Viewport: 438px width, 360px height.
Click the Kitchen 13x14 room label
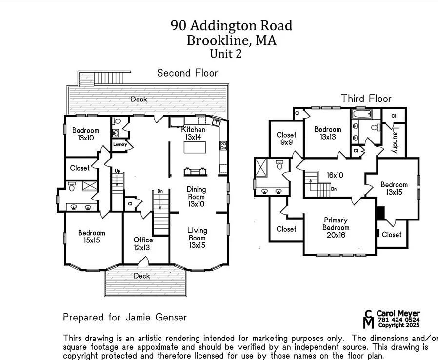coord(194,134)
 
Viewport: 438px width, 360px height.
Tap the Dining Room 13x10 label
coord(196,197)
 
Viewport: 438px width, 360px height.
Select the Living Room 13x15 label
coord(197,238)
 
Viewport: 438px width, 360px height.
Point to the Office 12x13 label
coord(143,244)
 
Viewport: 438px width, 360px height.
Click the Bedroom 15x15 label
coord(92,237)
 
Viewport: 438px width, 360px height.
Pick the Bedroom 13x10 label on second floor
coord(85,134)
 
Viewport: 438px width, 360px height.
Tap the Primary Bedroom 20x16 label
coord(336,227)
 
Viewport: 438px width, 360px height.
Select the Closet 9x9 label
coord(286,139)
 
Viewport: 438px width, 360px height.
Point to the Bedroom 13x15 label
coord(394,188)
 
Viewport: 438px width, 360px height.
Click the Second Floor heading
coord(187,73)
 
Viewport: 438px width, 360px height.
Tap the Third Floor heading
coord(366,99)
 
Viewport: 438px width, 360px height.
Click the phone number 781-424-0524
coord(398,320)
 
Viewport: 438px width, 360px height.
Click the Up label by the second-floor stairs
coord(118,171)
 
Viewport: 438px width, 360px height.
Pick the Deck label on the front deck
coord(142,276)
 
